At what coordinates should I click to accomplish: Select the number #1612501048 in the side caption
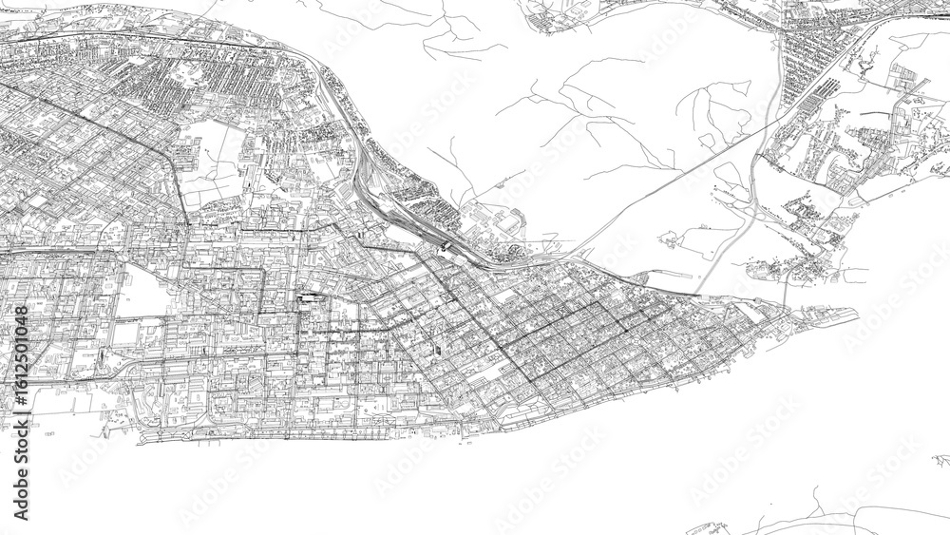click(x=21, y=344)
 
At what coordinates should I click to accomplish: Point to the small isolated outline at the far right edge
click(x=941, y=460)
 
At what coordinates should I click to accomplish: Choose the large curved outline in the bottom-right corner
click(x=855, y=518)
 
